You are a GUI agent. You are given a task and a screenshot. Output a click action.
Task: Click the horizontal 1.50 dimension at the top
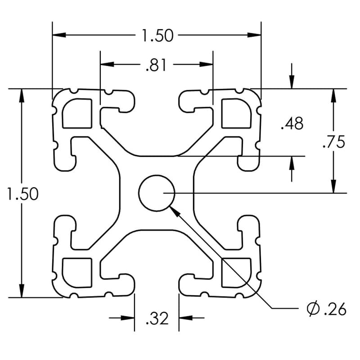click(157, 35)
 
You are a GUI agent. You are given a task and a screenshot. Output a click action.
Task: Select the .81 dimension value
click(156, 65)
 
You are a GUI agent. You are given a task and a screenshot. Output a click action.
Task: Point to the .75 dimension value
click(334, 142)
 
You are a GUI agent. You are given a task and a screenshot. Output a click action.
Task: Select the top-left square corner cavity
click(77, 112)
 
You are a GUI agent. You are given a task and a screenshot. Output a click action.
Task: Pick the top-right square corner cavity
click(236, 112)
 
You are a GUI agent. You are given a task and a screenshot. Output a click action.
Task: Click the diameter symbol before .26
click(312, 309)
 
